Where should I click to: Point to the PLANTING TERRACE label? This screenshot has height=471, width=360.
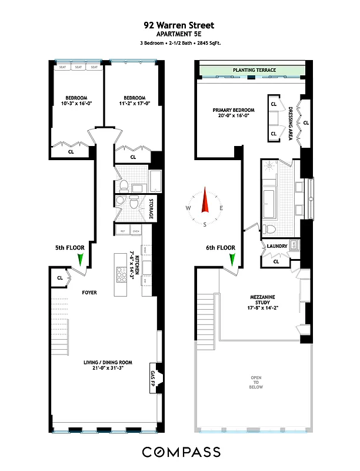[254, 71]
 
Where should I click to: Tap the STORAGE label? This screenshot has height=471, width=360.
[152, 208]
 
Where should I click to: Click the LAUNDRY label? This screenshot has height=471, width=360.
[276, 246]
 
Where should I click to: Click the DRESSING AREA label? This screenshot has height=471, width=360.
[290, 122]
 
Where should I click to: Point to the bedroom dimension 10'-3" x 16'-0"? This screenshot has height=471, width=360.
[76, 104]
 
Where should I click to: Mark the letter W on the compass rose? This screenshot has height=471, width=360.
[188, 208]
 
